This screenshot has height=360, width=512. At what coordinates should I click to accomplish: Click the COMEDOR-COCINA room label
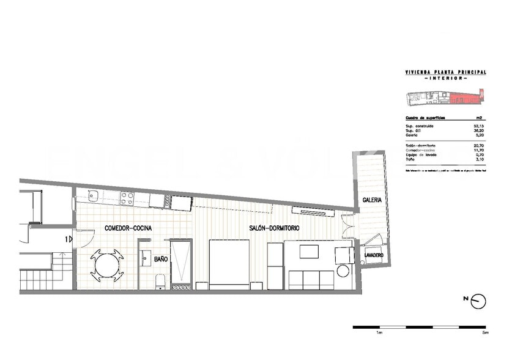128,228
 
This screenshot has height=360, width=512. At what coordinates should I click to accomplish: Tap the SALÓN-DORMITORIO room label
274,228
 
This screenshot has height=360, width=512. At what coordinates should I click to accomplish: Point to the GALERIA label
372,200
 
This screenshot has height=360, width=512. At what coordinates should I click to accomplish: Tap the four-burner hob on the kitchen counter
127,198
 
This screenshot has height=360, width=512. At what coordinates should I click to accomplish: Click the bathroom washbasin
145,258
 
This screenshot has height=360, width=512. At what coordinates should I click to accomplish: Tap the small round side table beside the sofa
343,271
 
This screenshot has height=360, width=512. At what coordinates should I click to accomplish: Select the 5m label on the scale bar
485,334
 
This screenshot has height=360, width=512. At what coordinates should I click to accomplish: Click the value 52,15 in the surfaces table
480,126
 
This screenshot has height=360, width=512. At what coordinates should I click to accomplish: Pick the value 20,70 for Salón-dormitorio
480,145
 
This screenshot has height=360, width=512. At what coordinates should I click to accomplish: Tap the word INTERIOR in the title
446,78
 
